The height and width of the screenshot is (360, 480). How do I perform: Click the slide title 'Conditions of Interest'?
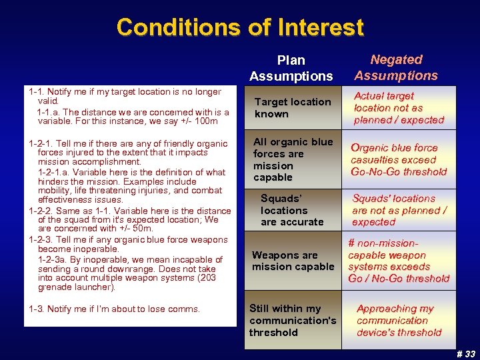240,27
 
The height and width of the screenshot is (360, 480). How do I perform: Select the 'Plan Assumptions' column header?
291,68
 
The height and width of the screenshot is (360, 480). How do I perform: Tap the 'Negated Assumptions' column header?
396,67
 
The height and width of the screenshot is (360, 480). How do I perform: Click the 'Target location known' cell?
292,108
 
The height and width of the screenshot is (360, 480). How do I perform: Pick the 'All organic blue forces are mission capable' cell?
293,159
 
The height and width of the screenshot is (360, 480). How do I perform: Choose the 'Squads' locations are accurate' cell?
291,210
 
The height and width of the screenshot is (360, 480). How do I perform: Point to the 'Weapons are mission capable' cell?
293,261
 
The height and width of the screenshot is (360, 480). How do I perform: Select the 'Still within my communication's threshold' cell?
293,320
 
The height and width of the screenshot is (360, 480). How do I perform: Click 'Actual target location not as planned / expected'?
399,108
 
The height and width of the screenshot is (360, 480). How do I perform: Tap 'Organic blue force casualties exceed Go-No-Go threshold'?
399,159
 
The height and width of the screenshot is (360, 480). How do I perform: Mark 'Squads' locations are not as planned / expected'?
399,210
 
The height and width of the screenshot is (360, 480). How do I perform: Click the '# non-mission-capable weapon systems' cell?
399,261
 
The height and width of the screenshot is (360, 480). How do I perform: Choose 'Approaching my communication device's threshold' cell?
399,320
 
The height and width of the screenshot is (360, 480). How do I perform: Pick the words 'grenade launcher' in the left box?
75,288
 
